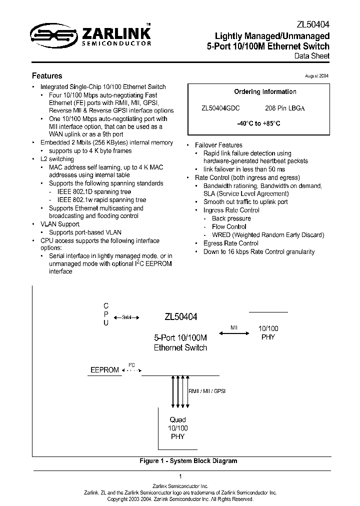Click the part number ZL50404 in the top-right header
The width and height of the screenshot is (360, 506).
(x=313, y=24)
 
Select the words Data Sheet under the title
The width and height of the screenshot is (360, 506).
(x=312, y=56)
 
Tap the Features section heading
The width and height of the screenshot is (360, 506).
(x=47, y=76)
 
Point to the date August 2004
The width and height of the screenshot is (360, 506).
(x=316, y=75)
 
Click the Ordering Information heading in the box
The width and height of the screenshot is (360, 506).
(x=265, y=92)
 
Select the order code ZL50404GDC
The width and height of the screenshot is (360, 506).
(x=220, y=108)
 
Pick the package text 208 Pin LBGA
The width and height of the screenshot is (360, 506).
(x=284, y=108)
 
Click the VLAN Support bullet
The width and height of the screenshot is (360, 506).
(x=59, y=224)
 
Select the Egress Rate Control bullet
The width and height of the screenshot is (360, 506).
(x=230, y=243)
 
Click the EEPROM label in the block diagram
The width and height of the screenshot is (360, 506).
(x=104, y=370)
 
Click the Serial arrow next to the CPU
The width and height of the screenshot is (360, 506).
(x=126, y=317)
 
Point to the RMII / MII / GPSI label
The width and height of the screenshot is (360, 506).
(x=206, y=391)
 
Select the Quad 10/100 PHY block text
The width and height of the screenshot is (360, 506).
(x=177, y=428)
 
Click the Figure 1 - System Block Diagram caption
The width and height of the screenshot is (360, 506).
(x=188, y=461)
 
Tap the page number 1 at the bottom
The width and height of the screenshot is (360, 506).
(x=180, y=476)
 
